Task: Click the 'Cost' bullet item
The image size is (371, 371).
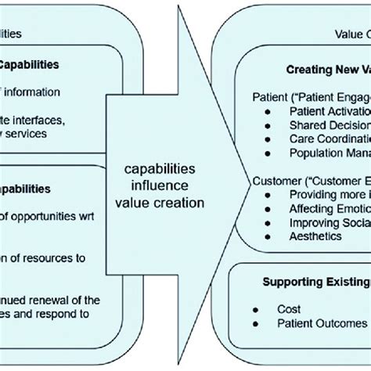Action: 289,309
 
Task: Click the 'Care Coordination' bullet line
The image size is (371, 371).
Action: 329,139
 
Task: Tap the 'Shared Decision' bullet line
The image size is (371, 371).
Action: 330,125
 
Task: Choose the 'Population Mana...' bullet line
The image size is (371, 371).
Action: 330,153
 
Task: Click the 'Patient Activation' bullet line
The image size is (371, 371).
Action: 329,112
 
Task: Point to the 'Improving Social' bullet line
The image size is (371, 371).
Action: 329,222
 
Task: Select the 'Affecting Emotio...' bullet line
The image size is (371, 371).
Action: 329,208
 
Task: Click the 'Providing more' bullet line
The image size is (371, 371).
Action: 329,194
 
